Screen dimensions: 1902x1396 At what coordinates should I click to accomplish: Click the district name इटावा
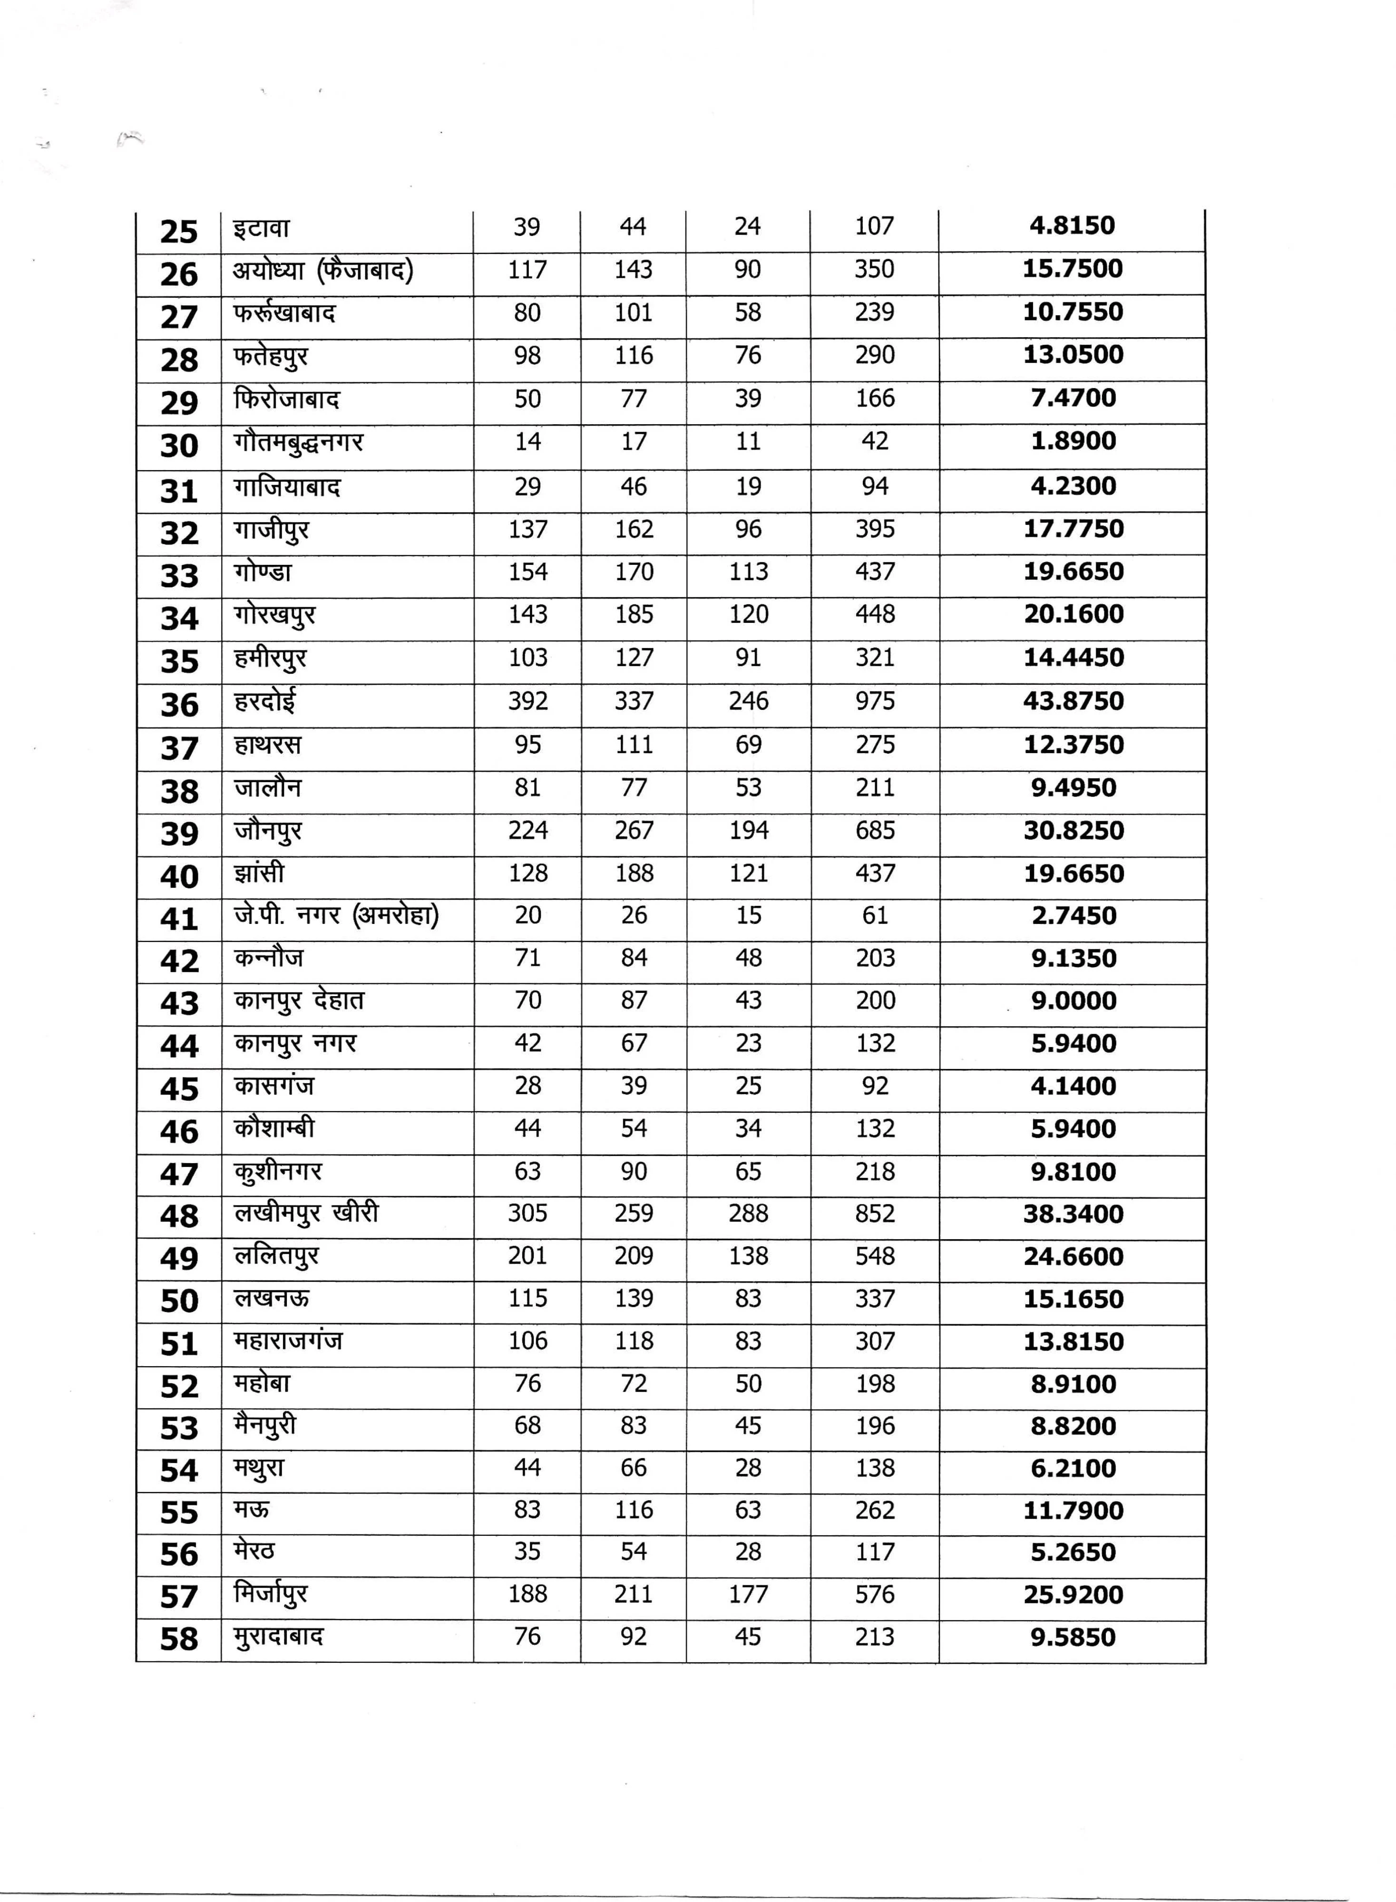point(262,228)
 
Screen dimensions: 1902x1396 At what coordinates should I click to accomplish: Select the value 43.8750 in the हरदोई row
point(1073,701)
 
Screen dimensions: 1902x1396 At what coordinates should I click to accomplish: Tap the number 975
point(875,701)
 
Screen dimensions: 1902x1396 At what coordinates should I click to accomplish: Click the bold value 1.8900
point(1073,441)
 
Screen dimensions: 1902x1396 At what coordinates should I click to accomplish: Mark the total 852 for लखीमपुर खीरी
point(875,1213)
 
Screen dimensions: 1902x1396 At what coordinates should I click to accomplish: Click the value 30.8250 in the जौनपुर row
point(1073,830)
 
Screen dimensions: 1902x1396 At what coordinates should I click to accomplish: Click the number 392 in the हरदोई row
point(527,701)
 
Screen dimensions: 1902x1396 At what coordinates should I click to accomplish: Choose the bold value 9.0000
point(1073,1001)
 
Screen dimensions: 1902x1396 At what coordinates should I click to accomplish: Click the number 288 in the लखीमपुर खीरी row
point(748,1213)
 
